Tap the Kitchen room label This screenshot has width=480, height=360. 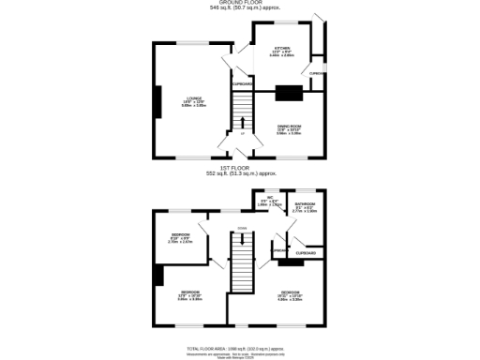(x=282, y=51)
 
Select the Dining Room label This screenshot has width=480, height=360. (x=288, y=128)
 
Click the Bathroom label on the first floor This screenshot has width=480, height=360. (x=305, y=206)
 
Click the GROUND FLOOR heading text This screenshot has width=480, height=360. (x=239, y=3)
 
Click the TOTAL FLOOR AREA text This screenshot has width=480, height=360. (x=239, y=346)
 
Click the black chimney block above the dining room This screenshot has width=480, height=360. (x=289, y=92)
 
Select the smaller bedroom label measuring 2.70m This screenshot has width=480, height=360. (x=180, y=237)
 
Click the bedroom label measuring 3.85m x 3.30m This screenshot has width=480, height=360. (x=190, y=295)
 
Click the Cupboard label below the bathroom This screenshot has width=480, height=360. (x=306, y=253)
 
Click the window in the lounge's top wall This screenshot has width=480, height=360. (x=194, y=41)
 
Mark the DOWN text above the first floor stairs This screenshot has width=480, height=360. (x=242, y=227)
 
